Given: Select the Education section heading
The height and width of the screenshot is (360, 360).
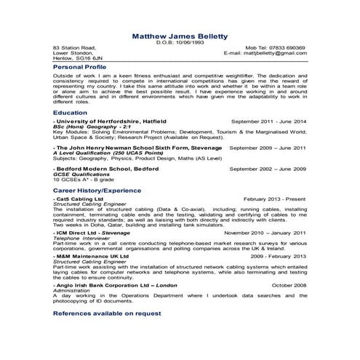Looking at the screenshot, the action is tap(71, 113).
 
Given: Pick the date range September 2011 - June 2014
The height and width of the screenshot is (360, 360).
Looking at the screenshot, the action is tap(268, 121).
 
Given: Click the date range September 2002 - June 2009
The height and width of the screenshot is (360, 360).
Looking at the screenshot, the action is tap(268, 168).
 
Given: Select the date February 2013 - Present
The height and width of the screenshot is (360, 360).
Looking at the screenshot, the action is tap(275, 198).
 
